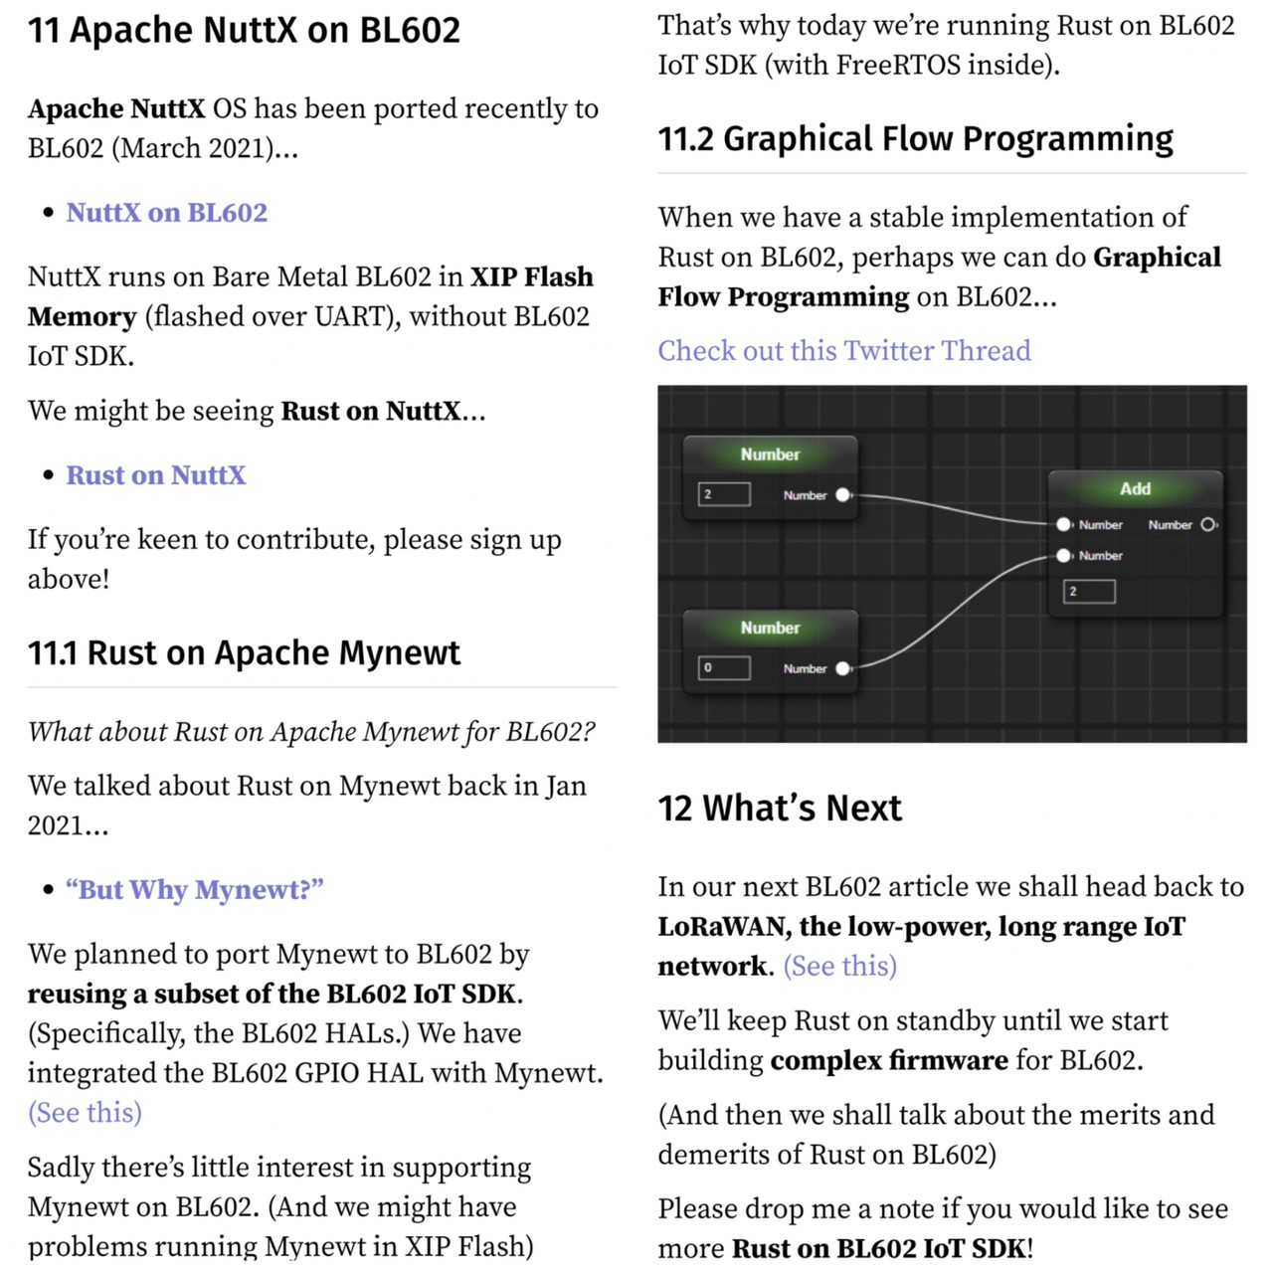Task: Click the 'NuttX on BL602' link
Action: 166,213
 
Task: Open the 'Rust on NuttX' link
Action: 155,475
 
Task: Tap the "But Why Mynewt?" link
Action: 195,889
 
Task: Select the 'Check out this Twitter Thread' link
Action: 843,350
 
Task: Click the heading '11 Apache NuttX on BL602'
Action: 244,31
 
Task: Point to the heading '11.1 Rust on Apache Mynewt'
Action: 244,653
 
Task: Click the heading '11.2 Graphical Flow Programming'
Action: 915,138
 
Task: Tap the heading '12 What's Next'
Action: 779,808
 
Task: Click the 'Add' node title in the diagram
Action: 1135,488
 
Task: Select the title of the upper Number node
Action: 770,455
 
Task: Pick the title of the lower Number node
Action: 770,628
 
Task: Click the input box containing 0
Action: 724,667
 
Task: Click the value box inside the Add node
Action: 1089,592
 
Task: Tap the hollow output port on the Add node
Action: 1208,524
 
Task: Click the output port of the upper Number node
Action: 843,494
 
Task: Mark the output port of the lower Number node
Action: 843,668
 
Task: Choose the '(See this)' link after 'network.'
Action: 840,966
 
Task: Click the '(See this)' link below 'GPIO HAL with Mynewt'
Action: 85,1112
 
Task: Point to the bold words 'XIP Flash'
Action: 532,276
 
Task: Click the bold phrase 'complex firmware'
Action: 889,1060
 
